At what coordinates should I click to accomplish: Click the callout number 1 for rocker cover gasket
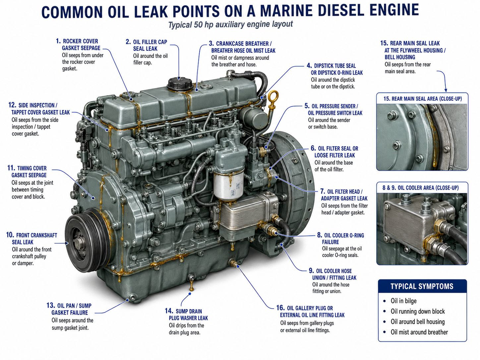pyautogui.click(x=58, y=41)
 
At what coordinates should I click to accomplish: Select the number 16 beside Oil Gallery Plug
pyautogui.click(x=280, y=308)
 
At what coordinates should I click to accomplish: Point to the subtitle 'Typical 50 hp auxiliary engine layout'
pyautogui.click(x=230, y=24)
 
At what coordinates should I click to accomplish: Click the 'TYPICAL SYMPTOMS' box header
pyautogui.click(x=422, y=286)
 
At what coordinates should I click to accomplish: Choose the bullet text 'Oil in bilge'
pyautogui.click(x=403, y=301)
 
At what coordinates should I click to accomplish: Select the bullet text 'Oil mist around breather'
pyautogui.click(x=419, y=332)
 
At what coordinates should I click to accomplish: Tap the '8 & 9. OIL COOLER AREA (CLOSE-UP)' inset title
pyautogui.click(x=421, y=188)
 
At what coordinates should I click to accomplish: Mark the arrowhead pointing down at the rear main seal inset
pyautogui.click(x=446, y=90)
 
